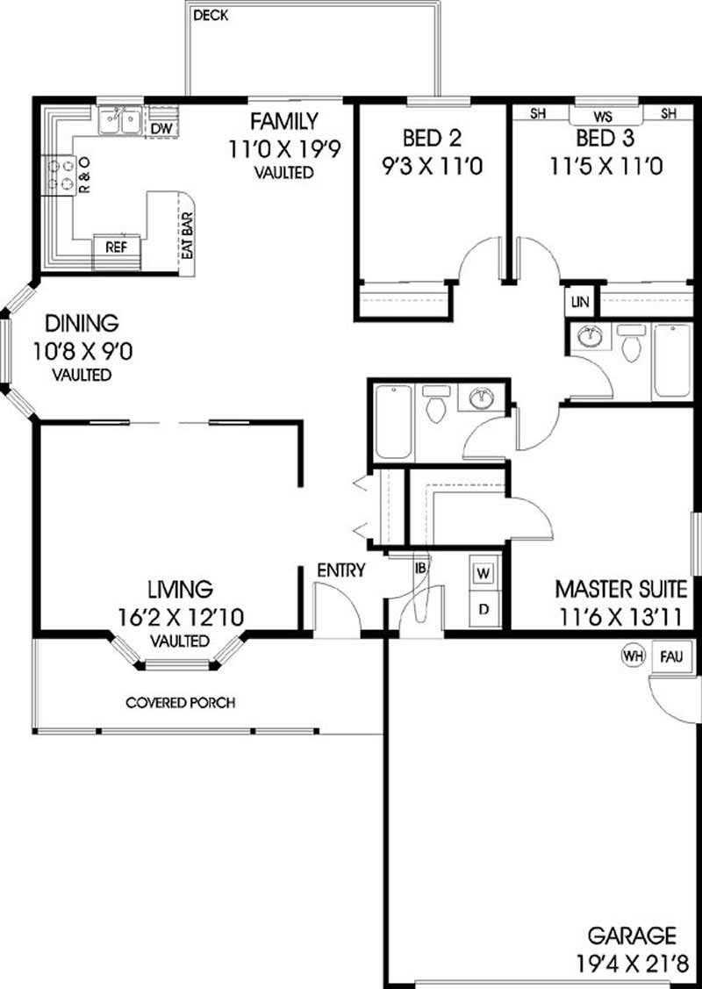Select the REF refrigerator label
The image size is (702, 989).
click(116, 247)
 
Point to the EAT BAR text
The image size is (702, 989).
click(186, 234)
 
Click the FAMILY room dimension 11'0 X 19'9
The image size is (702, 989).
click(283, 149)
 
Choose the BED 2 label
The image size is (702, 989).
click(432, 138)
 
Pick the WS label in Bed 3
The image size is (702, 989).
click(602, 116)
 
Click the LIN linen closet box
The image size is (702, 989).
click(580, 302)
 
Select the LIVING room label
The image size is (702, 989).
click(180, 588)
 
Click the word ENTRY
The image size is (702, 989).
click(340, 570)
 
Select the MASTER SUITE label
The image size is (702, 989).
click(620, 588)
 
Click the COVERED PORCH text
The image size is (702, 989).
click(180, 703)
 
